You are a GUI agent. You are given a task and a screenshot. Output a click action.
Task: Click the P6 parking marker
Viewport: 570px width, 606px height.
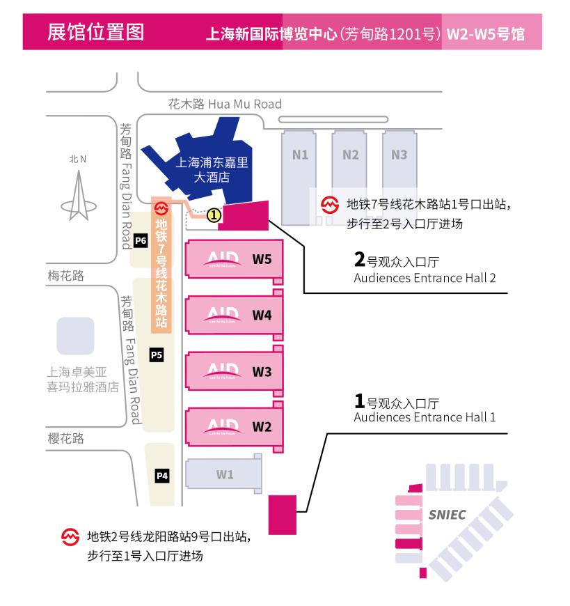[141, 241]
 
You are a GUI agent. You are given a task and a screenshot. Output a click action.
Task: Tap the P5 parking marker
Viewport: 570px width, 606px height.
[157, 355]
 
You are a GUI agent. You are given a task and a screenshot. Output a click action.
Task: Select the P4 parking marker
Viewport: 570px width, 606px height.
[161, 476]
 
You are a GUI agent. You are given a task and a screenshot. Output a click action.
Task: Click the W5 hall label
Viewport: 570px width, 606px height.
[262, 260]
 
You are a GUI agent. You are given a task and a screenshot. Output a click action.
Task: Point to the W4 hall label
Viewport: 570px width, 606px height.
[262, 316]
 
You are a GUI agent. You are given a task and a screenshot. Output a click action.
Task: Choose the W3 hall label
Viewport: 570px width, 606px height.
[262, 371]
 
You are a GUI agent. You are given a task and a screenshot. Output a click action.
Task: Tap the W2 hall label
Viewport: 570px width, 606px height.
[262, 427]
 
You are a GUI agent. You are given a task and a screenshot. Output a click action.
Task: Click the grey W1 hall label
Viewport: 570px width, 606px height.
[224, 475]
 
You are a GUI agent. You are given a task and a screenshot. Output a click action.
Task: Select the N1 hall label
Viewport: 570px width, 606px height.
[300, 155]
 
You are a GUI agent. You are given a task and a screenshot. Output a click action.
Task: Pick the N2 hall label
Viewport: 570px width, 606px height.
[350, 155]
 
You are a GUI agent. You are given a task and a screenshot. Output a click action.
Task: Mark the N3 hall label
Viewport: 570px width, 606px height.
[399, 155]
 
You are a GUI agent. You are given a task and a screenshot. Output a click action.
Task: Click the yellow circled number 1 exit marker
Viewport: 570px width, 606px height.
[214, 215]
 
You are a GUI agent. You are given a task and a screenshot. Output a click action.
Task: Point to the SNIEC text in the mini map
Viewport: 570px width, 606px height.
[448, 515]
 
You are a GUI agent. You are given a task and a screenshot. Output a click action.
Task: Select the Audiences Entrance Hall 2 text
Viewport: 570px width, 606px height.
[425, 279]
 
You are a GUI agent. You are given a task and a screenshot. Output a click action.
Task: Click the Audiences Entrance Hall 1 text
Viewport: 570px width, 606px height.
[425, 417]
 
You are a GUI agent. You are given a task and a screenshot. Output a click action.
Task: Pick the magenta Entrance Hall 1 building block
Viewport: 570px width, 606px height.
[283, 513]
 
